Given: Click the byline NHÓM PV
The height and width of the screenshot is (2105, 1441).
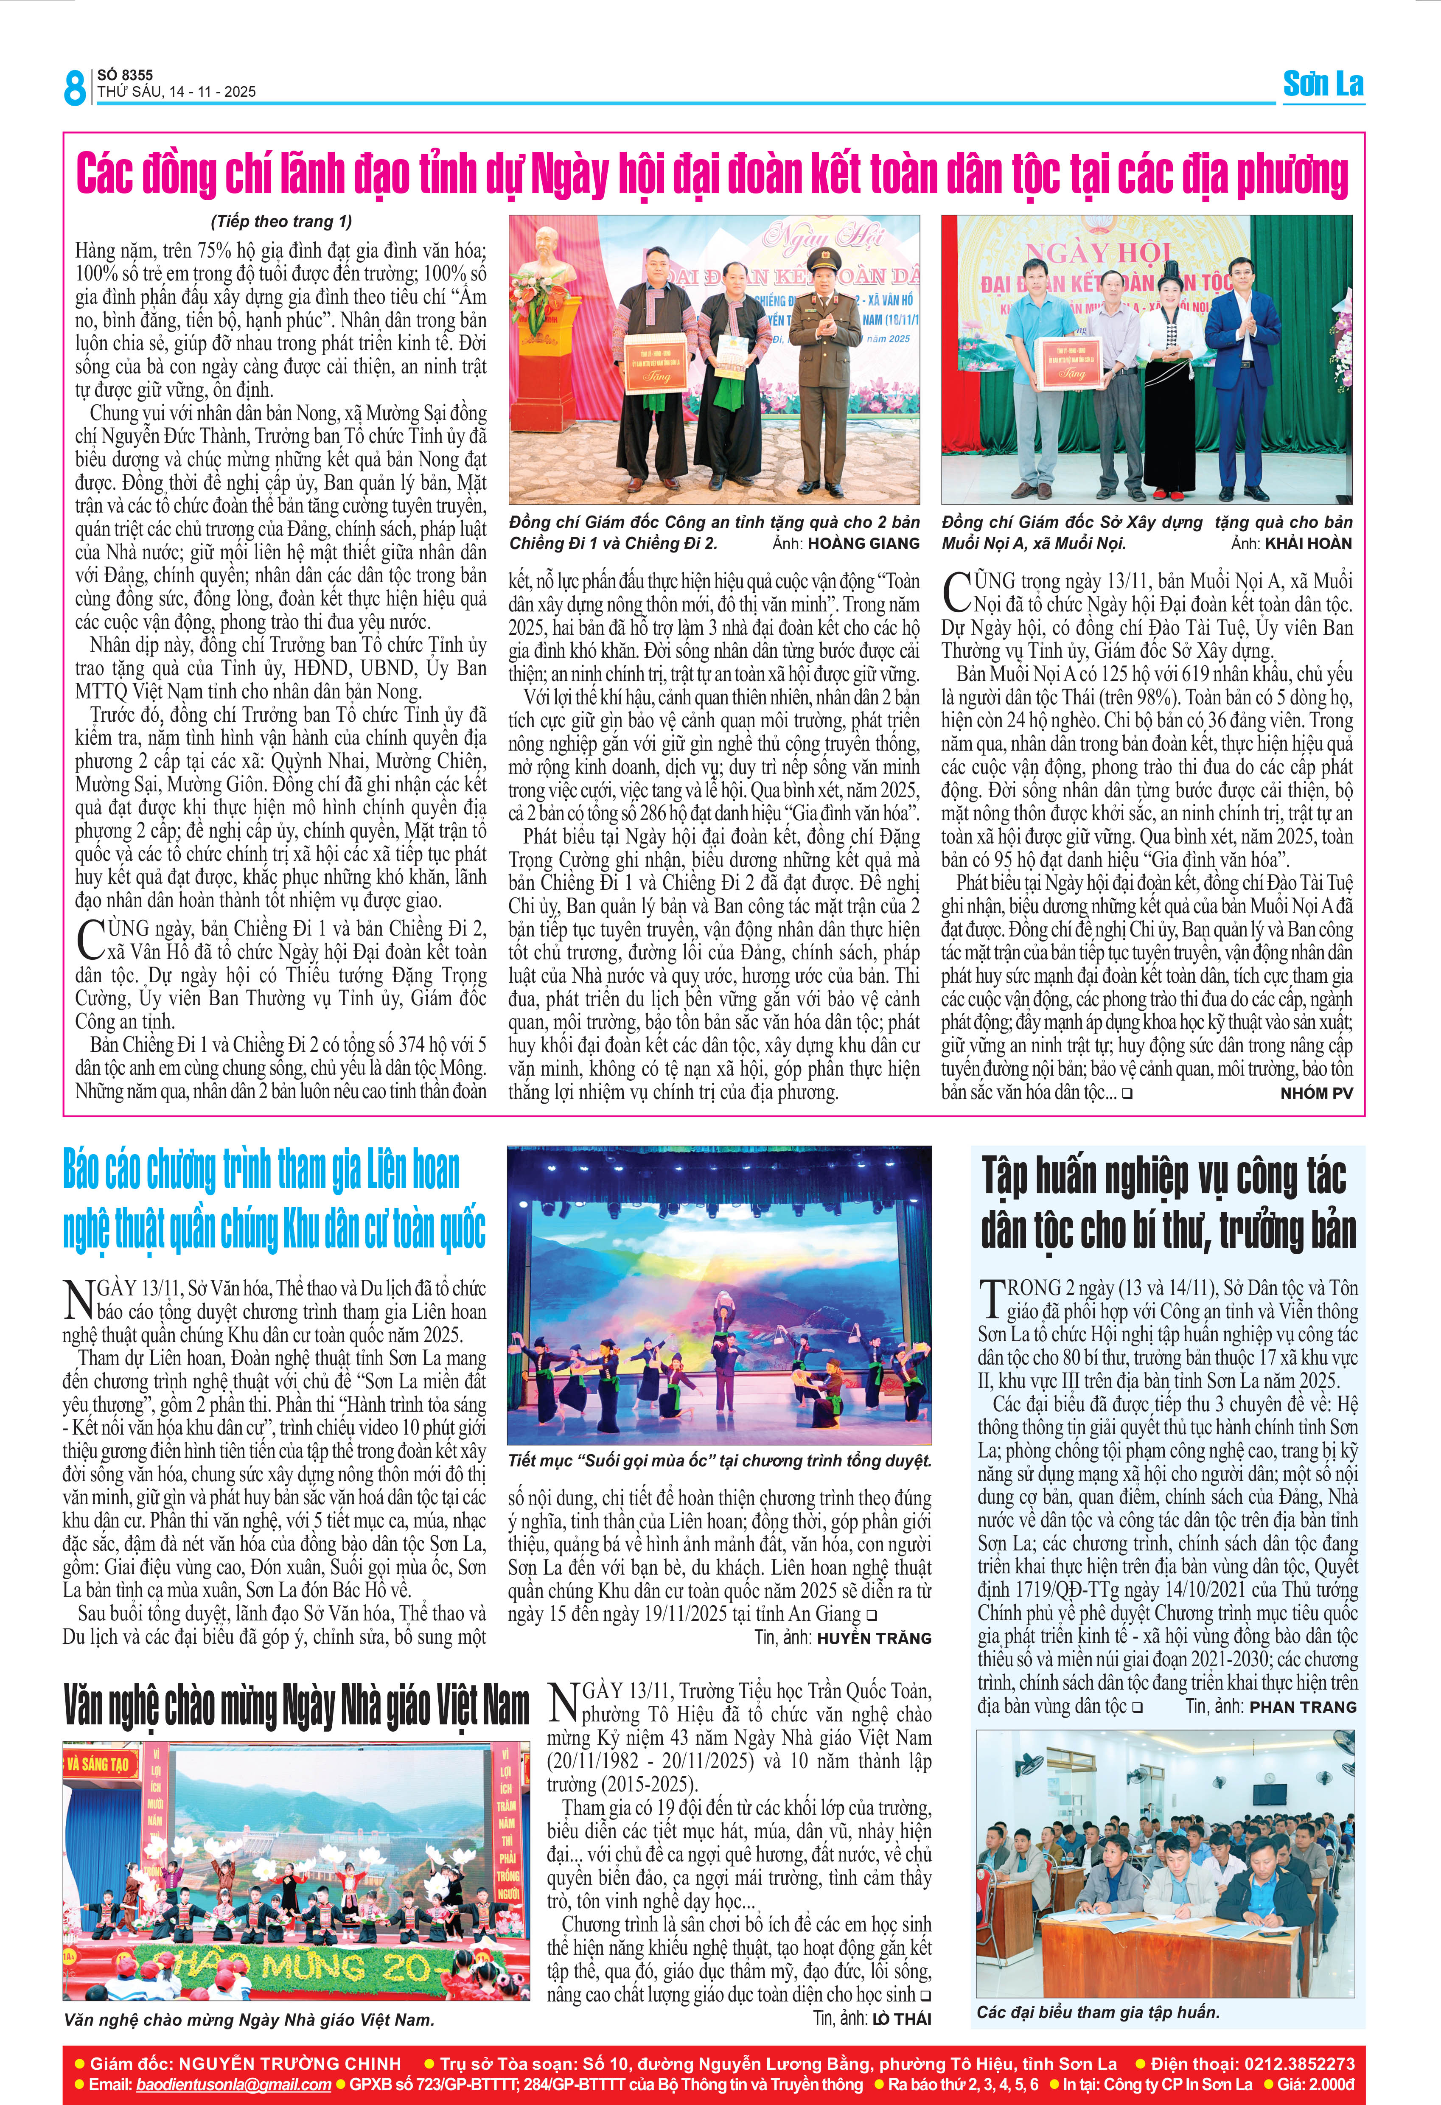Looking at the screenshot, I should pyautogui.click(x=1316, y=1093).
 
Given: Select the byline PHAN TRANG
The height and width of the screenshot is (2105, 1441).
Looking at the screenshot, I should pyautogui.click(x=1302, y=1707).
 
